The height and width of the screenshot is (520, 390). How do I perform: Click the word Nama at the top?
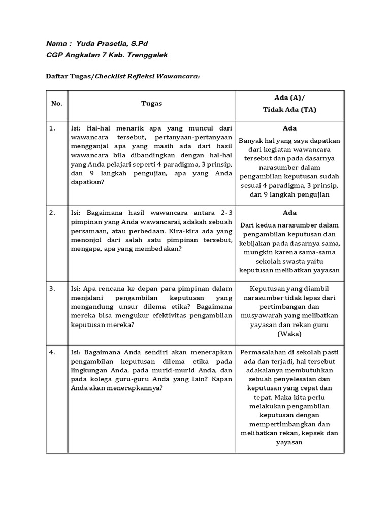[x=56, y=44]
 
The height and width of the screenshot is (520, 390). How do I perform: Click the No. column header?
[x=57, y=103]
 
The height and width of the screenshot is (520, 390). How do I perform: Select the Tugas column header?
[x=151, y=103]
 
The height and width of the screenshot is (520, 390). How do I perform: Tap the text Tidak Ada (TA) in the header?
[x=289, y=110]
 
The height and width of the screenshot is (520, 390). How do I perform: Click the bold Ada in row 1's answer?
[x=289, y=128]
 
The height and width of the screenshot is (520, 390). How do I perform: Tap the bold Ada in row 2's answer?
[x=289, y=213]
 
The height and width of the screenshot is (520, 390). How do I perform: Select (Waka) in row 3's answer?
[x=289, y=334]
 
